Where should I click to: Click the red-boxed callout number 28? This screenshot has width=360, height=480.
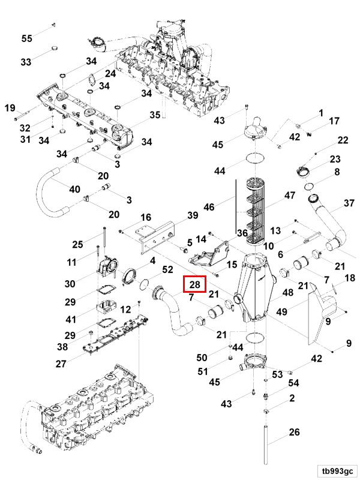(x=194, y=283)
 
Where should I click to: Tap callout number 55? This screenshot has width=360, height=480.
(x=26, y=38)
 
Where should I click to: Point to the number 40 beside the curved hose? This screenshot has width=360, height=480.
(x=74, y=189)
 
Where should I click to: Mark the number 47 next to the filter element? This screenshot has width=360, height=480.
(x=290, y=196)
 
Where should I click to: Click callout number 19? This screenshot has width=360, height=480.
(x=10, y=108)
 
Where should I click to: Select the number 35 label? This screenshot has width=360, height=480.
(x=155, y=115)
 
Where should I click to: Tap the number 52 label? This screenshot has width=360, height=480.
(x=167, y=270)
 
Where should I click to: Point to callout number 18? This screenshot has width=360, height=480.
(x=350, y=278)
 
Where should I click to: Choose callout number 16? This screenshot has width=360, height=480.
(x=146, y=217)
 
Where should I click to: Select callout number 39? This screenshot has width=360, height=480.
(x=192, y=215)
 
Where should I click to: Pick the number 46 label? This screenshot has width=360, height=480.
(x=209, y=206)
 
